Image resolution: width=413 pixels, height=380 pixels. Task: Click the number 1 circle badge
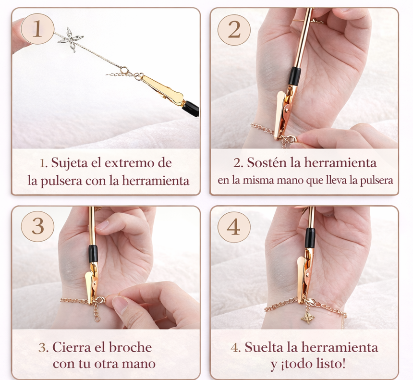(x=37, y=29)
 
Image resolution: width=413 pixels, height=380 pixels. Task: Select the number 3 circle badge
(x=37, y=226)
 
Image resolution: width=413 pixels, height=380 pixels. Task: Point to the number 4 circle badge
(x=234, y=227)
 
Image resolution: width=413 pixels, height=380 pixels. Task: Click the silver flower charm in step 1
(x=71, y=39)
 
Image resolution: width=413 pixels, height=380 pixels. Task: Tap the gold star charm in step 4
(x=308, y=317)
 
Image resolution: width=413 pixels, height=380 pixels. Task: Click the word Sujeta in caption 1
(x=70, y=163)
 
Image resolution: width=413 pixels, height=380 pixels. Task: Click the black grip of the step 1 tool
(x=191, y=108)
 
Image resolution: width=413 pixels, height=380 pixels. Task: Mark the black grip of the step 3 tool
(x=93, y=254)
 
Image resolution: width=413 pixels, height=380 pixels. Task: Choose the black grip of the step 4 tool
(x=310, y=238)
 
